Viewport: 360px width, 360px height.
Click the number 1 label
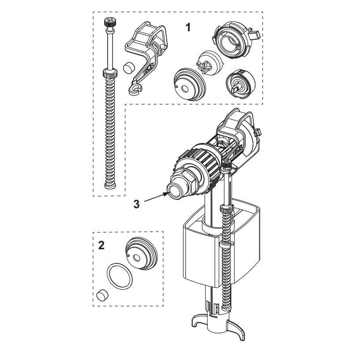point(188,27)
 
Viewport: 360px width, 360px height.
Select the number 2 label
point(101,245)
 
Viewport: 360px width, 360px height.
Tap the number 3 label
point(136,204)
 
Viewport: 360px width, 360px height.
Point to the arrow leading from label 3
point(154,198)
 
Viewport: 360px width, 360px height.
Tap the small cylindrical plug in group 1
point(128,67)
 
